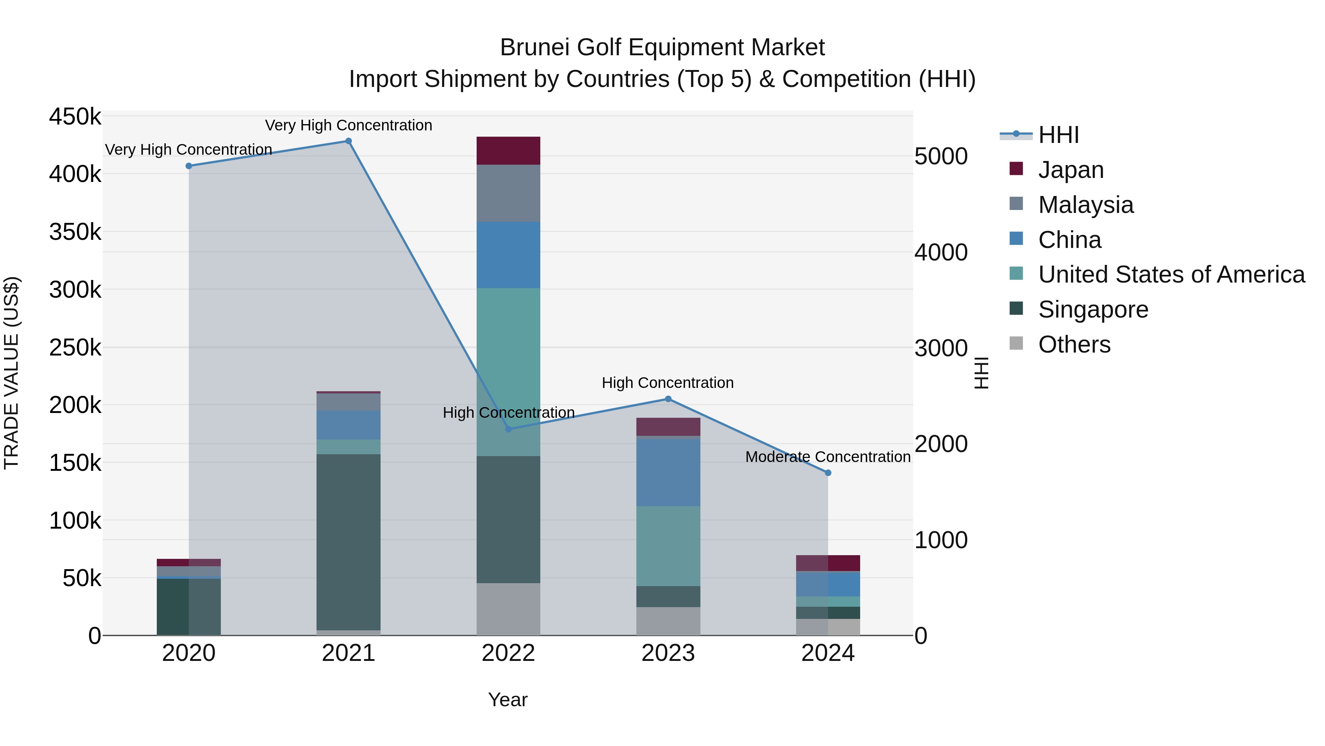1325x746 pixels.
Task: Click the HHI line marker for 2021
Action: click(348, 141)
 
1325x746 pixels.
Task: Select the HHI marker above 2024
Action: click(828, 473)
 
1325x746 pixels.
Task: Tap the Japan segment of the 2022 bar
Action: click(508, 151)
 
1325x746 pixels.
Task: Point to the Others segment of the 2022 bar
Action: click(508, 609)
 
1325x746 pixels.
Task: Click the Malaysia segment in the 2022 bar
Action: click(508, 193)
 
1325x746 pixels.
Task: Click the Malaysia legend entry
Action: click(1085, 205)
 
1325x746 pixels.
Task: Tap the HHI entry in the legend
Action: click(1058, 135)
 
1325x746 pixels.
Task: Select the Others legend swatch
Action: click(1016, 343)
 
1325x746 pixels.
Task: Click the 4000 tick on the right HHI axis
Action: click(941, 252)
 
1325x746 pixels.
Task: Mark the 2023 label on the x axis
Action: click(668, 653)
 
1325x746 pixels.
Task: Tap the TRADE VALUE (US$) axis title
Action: click(11, 373)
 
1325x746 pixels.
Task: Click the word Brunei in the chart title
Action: click(534, 48)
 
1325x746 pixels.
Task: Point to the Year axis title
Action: click(508, 700)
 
